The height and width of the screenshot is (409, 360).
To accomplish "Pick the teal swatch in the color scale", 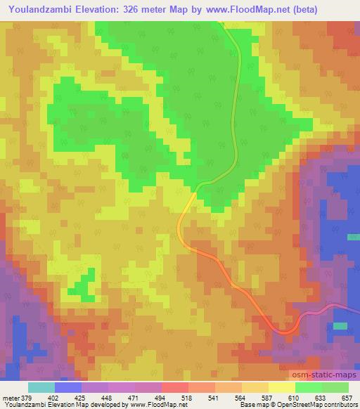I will pos(41,387).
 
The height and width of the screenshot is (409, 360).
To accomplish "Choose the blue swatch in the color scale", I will pos(68,387).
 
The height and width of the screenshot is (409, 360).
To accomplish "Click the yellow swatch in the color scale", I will pos(282,387).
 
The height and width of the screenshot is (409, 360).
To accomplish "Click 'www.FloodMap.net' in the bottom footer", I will pos(152,405).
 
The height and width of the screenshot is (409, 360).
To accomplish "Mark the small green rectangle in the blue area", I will pos(340,326).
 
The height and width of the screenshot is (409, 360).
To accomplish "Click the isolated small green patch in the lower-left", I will pos(84,286).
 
